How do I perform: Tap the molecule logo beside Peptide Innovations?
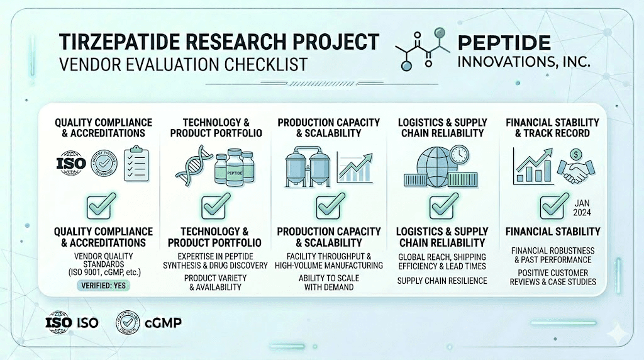421,49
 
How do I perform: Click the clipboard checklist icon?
136,164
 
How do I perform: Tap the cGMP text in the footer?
164,323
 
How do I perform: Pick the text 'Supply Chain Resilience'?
441,279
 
